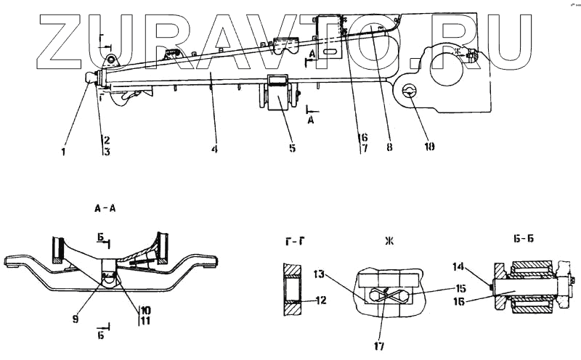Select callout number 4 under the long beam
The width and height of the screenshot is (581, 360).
pos(214,150)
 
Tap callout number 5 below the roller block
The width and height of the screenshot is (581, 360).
pos(292,150)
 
